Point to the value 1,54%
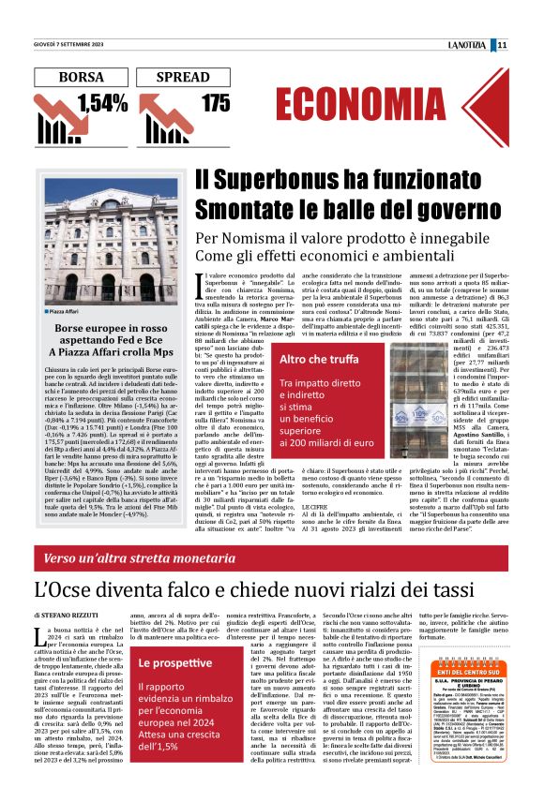point(102,103)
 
